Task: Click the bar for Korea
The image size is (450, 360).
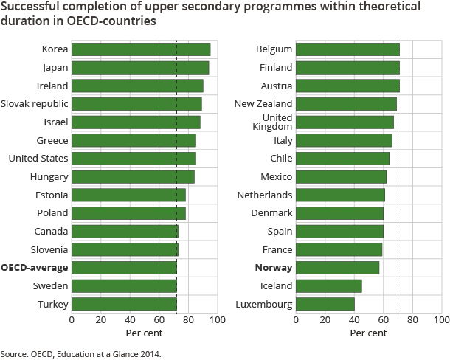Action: (140, 49)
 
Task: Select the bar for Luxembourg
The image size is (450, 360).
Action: (325, 304)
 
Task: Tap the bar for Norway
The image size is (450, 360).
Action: (337, 268)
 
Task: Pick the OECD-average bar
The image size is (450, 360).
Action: (124, 268)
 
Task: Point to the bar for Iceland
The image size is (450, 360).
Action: (328, 285)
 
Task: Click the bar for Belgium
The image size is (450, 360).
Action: (347, 49)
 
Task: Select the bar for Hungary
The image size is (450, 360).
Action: (133, 177)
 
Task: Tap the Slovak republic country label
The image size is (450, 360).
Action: (35, 104)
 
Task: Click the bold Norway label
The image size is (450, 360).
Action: (274, 268)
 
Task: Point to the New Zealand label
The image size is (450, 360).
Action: (263, 104)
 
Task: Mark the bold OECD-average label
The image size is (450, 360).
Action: (35, 268)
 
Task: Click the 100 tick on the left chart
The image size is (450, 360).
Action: (217, 320)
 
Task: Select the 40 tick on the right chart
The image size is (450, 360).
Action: (353, 320)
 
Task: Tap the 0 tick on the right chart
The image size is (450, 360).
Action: (296, 320)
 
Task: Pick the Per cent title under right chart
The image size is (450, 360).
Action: (368, 333)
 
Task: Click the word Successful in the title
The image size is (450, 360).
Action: (30, 7)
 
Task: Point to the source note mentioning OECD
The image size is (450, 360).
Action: (80, 353)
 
